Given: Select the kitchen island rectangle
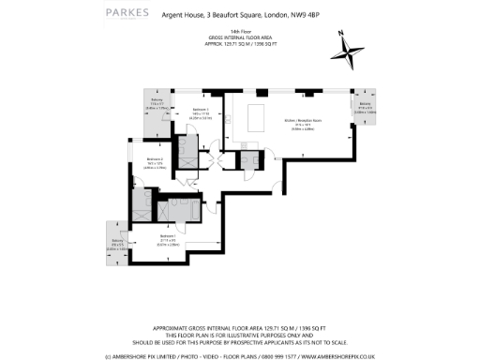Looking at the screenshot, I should click(x=257, y=118).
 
